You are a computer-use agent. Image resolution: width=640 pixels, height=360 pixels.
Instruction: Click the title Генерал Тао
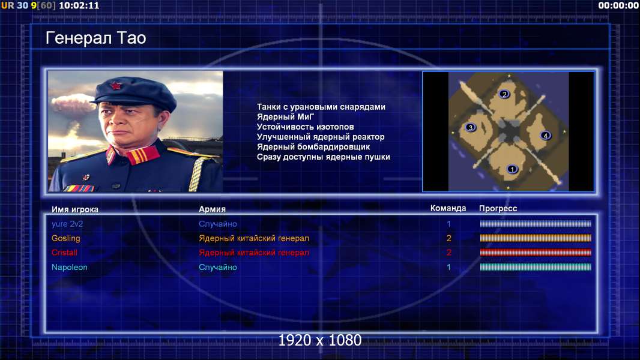pyautogui.click(x=96, y=38)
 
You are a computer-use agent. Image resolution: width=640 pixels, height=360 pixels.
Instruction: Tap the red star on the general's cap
pyautogui.click(x=116, y=85)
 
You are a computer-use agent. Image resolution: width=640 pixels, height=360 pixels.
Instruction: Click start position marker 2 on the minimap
pyautogui.click(x=504, y=94)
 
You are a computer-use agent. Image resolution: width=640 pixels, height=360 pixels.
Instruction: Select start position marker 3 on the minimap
pyautogui.click(x=471, y=128)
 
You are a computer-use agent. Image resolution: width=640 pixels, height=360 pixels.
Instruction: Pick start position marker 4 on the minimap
pyautogui.click(x=545, y=136)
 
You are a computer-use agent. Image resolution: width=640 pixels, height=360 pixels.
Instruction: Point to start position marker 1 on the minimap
pyautogui.click(x=512, y=169)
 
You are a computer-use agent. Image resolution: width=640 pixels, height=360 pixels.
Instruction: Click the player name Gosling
pyautogui.click(x=65, y=239)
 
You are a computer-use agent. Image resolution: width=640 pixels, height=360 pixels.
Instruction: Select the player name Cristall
pyautogui.click(x=64, y=253)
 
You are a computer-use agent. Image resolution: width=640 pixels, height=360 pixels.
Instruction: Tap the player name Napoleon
pyautogui.click(x=70, y=268)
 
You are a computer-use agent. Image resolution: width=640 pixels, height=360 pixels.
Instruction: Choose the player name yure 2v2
pyautogui.click(x=67, y=224)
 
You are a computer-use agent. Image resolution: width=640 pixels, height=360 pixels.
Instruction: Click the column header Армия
pyautogui.click(x=213, y=209)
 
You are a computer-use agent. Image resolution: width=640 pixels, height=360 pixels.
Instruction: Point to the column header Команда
pyautogui.click(x=448, y=208)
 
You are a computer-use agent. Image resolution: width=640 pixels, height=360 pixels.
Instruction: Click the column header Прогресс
pyautogui.click(x=498, y=209)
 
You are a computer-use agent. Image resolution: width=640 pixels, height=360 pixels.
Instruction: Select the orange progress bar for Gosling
pyautogui.click(x=536, y=238)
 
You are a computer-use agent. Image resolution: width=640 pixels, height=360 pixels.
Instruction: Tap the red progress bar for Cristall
pyautogui.click(x=536, y=253)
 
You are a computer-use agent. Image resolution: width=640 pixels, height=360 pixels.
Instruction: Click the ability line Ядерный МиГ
pyautogui.click(x=286, y=117)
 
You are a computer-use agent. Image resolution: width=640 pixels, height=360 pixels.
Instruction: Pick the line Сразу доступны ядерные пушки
pyautogui.click(x=323, y=157)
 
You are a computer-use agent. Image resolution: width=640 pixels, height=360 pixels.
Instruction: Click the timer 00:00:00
pyautogui.click(x=618, y=5)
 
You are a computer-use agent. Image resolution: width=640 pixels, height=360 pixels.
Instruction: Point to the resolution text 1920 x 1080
pyautogui.click(x=320, y=340)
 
